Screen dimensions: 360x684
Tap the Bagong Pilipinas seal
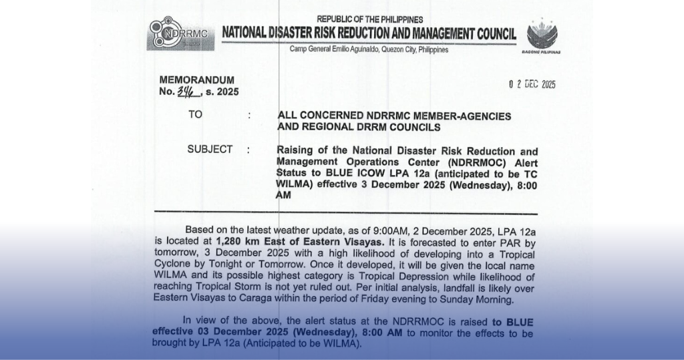pyautogui.click(x=542, y=34)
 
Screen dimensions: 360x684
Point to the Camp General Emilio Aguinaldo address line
pyautogui.click(x=369, y=49)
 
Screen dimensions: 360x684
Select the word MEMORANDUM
pyautogui.click(x=197, y=80)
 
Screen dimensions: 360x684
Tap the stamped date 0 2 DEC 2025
pyautogui.click(x=532, y=84)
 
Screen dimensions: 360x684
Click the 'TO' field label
pyautogui.click(x=195, y=115)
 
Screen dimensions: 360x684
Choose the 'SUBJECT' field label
pyautogui.click(x=210, y=150)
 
